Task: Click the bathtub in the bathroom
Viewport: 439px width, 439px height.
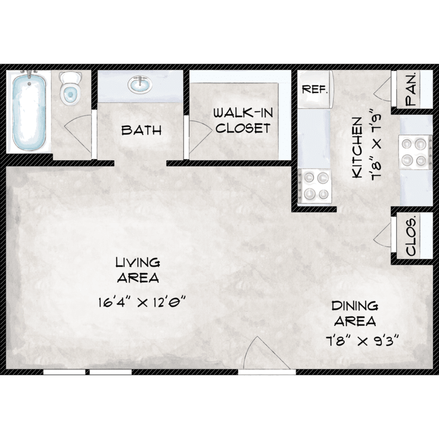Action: (x=29, y=112)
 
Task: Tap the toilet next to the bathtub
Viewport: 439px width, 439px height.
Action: (x=70, y=88)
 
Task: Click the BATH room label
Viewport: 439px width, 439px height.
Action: (x=142, y=130)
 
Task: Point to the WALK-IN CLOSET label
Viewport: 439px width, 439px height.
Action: (x=243, y=121)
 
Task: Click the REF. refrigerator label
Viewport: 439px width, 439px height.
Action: (x=315, y=90)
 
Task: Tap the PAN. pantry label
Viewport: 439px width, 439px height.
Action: (x=411, y=90)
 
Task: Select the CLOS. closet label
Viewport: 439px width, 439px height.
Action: (x=411, y=238)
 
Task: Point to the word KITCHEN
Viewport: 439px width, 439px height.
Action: (x=357, y=148)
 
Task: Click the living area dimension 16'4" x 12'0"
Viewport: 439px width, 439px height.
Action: (x=142, y=303)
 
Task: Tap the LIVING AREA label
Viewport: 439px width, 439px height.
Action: (x=138, y=270)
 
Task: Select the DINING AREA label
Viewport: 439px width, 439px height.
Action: (x=355, y=314)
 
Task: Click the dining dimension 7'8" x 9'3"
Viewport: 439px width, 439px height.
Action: (x=362, y=341)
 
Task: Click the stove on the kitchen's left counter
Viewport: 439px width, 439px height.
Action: (x=315, y=186)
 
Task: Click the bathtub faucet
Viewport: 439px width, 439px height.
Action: (x=29, y=75)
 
